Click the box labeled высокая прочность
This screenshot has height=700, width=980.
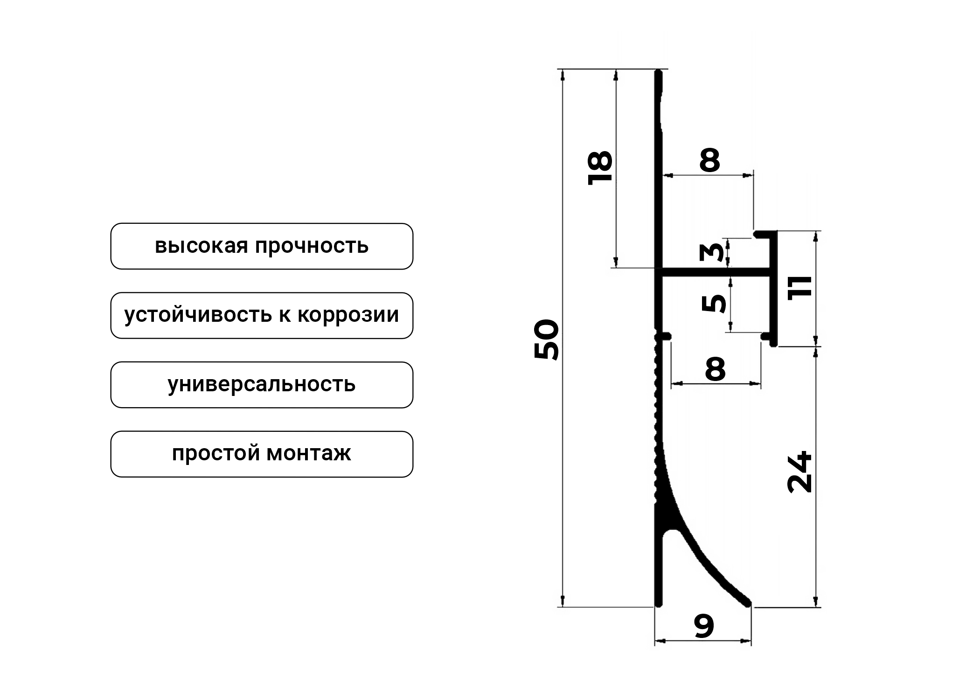click(261, 246)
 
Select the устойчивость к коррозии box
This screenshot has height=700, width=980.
click(261, 315)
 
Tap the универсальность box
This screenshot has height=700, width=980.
click(261, 385)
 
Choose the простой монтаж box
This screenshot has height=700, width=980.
click(261, 454)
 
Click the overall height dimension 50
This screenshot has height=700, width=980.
click(546, 339)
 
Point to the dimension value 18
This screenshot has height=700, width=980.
click(600, 168)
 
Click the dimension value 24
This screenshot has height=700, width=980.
click(799, 472)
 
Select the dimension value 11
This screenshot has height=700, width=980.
click(799, 288)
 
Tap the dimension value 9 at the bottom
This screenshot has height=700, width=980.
click(704, 626)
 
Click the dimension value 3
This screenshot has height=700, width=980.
click(712, 252)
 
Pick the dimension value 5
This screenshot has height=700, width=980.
click(714, 304)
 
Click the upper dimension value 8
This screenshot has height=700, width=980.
click(709, 160)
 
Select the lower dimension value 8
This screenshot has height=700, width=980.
click(716, 369)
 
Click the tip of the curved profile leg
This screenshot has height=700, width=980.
click(746, 603)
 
